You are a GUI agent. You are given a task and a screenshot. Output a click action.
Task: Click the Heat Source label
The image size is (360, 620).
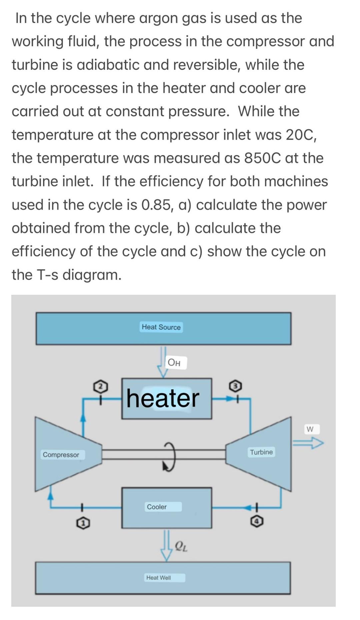161,327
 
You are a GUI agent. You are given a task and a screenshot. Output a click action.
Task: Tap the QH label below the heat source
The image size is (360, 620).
174,363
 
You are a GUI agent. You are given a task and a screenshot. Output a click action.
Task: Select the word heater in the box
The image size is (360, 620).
163,398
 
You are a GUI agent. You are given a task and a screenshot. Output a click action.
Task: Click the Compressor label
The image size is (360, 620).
61,455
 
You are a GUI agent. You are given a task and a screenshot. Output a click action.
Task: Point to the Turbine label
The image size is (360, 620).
261,452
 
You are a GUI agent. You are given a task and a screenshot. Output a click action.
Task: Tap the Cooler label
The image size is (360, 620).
157,507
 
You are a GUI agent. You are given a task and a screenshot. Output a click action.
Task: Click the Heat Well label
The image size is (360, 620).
159,578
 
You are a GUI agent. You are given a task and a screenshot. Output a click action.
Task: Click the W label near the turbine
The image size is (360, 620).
310,429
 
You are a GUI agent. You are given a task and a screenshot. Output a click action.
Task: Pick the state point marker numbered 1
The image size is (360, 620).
83,524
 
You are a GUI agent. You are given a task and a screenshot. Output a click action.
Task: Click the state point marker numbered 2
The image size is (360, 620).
101,386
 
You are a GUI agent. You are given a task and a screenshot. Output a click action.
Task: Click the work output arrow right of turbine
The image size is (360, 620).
308,443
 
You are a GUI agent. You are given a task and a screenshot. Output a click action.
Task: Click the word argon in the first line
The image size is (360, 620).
158,18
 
